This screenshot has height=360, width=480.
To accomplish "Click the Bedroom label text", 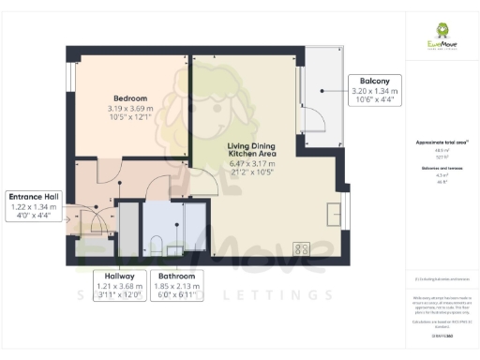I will point(129,98).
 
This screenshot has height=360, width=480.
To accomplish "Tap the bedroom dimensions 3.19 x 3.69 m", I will point(129,109).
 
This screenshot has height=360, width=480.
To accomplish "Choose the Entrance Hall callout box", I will point(34,205).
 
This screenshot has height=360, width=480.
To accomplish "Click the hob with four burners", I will point(302,248).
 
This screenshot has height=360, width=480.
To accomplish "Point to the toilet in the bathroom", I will point(157,246).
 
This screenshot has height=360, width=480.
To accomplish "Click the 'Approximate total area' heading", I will point(441,142).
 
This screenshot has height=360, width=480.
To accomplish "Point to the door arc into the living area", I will point(206,184).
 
